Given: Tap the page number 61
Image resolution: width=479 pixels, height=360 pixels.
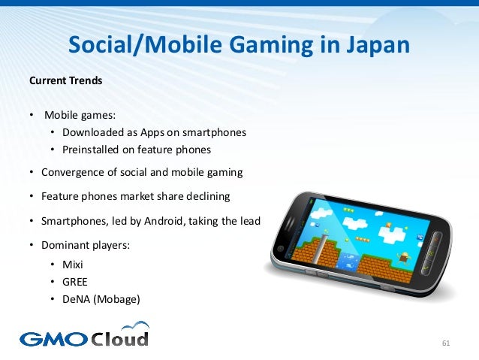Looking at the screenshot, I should coord(446,343).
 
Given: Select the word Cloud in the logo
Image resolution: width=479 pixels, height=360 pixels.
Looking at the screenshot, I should coord(120,337).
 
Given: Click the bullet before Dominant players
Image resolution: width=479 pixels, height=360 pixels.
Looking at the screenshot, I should coord(31,246).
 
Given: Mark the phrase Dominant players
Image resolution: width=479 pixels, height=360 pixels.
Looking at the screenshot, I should coord(77,246).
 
